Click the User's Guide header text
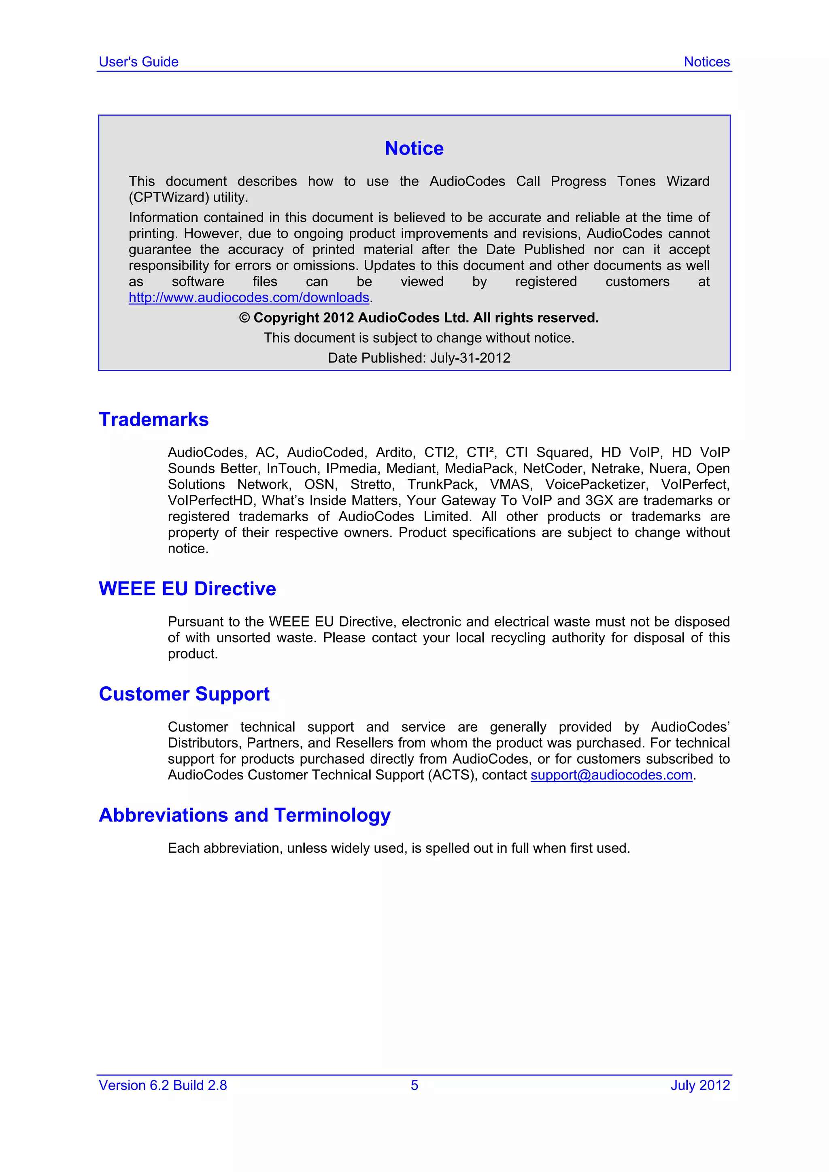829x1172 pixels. (x=138, y=62)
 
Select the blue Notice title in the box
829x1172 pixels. (x=414, y=149)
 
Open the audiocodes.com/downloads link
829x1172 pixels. (x=249, y=297)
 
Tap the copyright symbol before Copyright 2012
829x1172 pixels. (x=244, y=318)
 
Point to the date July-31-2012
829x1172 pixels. (x=470, y=358)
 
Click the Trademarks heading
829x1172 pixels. (x=154, y=420)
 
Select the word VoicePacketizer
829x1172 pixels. (x=596, y=484)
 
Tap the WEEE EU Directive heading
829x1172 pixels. (x=187, y=588)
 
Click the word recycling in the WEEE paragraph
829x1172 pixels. (x=518, y=637)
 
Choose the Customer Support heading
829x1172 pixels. (x=184, y=694)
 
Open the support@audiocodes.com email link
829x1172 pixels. (x=611, y=775)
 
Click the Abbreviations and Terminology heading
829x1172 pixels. (x=244, y=815)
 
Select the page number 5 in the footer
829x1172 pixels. (x=414, y=1085)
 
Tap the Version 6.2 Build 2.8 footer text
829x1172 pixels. (x=163, y=1085)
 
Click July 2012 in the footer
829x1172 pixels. (x=700, y=1085)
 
